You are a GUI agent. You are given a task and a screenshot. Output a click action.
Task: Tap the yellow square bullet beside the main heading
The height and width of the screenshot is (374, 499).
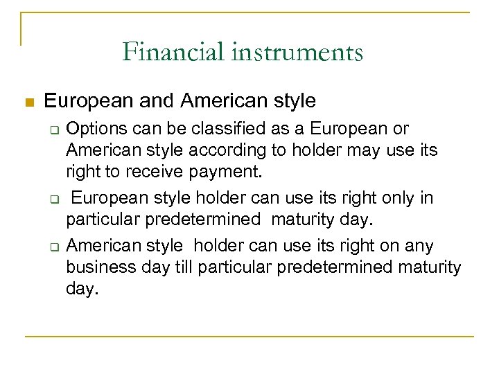tap(28, 103)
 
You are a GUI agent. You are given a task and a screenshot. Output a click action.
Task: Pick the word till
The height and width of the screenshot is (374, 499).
tap(189, 267)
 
